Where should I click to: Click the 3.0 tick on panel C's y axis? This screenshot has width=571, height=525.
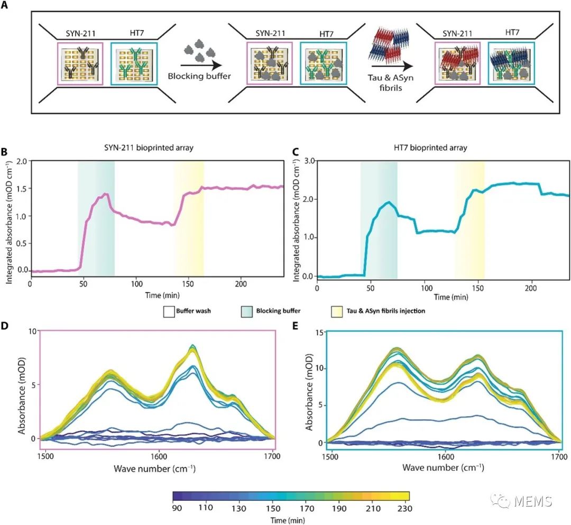[x=308, y=160]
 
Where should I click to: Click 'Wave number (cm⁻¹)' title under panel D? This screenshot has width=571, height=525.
[x=159, y=467]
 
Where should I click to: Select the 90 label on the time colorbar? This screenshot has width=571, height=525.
[x=178, y=508]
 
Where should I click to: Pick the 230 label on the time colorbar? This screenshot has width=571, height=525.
[x=402, y=508]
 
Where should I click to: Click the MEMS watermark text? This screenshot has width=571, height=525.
[x=535, y=500]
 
